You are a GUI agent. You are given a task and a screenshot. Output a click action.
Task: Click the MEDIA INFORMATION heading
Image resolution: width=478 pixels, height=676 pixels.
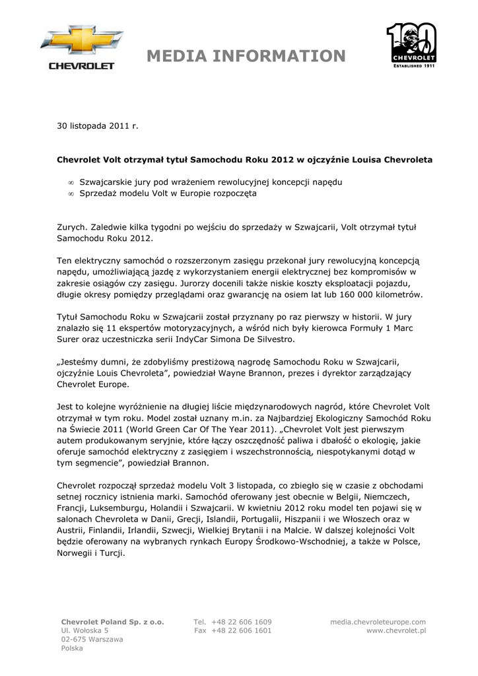[246, 57]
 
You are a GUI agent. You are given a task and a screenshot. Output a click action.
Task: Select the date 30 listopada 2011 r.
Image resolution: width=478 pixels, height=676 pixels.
[98, 125]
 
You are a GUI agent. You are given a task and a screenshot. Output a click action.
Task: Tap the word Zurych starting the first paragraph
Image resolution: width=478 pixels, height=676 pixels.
[71, 226]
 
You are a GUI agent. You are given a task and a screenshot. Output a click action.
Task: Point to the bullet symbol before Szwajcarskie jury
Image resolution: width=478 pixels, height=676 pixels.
[71, 182]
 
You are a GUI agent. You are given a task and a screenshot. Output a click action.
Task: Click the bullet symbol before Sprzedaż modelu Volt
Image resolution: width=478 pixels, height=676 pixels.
[71, 194]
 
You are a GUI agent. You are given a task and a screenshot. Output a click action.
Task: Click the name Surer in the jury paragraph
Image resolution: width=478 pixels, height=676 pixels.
[70, 339]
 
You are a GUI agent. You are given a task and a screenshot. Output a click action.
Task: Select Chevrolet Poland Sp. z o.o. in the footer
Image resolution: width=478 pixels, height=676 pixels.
[112, 622]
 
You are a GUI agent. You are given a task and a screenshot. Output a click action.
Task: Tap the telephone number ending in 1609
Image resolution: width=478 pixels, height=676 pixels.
[242, 622]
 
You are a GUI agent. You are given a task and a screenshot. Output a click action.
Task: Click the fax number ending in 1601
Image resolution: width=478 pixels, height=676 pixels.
[242, 630]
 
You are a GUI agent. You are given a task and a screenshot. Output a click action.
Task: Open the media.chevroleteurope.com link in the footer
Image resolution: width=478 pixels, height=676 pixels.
[378, 622]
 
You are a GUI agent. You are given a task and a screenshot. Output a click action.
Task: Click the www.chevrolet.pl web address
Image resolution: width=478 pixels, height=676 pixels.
[396, 630]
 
